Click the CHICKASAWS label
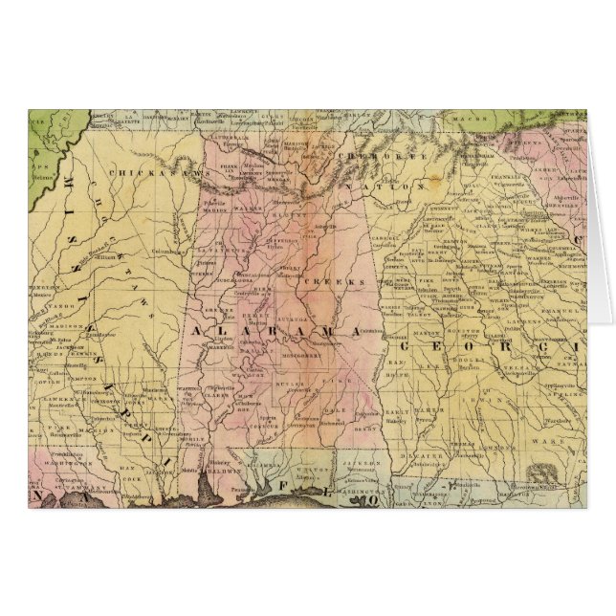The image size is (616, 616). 143,172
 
